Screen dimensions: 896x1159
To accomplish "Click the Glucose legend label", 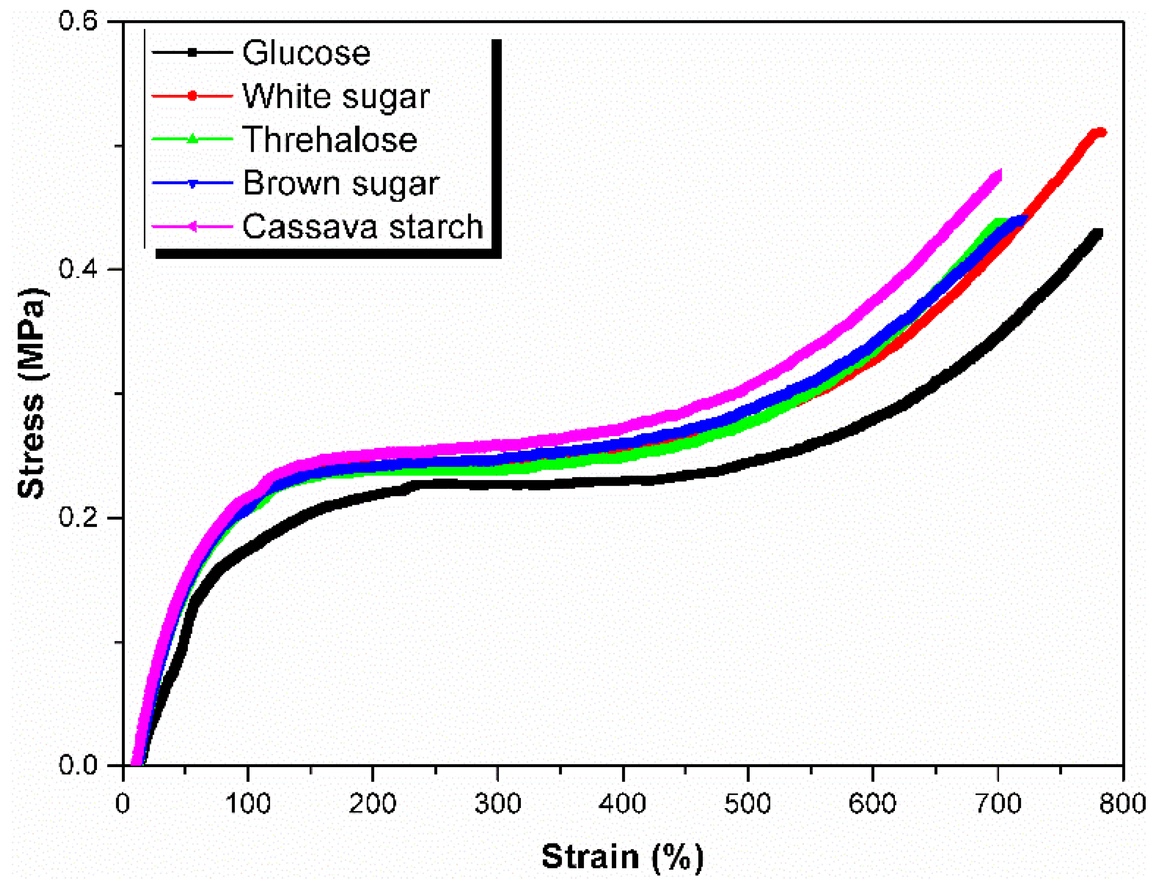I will coord(306,53).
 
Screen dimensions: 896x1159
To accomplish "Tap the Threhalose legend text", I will coord(330,140).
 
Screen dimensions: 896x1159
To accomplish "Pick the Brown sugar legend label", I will coord(341,183).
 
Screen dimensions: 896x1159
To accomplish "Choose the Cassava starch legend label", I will coord(362,227).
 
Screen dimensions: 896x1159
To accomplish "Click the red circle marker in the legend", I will coord(193,96).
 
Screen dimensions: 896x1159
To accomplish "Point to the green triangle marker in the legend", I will coord(193,139).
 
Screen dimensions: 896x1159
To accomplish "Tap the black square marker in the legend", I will coord(193,52).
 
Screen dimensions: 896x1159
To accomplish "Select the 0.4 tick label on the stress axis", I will coord(78,269).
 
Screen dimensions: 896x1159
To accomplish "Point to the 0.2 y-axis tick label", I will coord(78,517).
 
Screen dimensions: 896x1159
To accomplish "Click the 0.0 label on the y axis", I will coord(78,765).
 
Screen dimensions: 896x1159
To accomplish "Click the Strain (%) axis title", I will coord(623,857).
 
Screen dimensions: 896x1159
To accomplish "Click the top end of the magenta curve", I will coord(999,174).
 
